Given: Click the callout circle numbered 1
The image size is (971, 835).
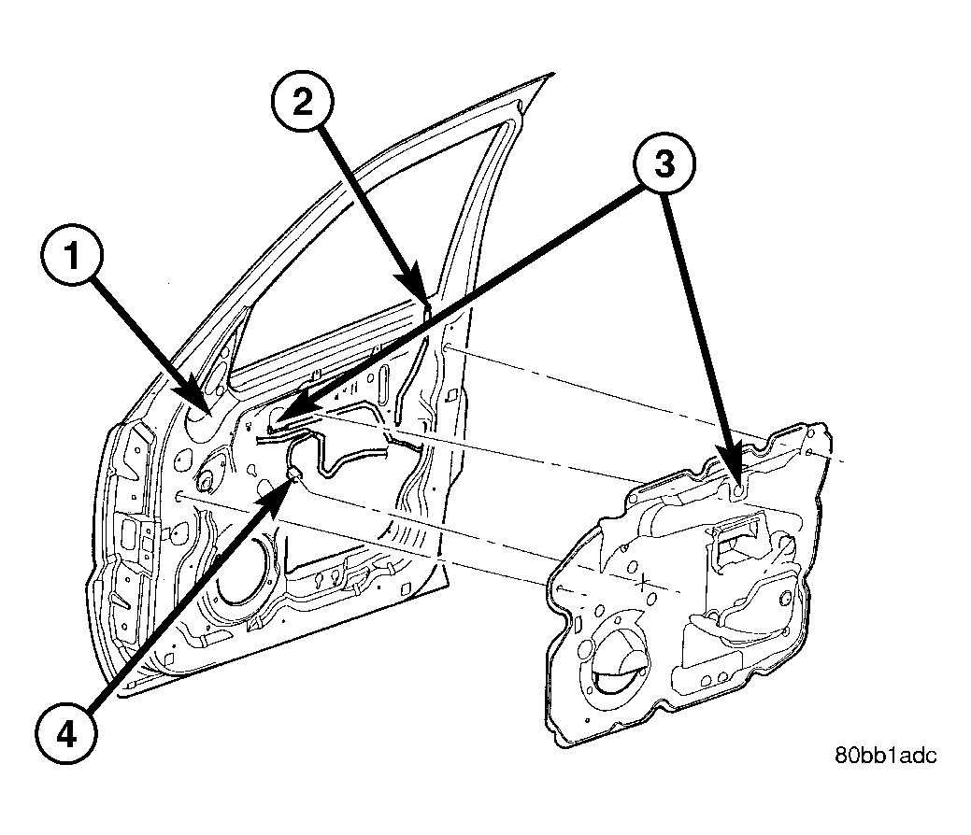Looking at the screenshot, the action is click(72, 255).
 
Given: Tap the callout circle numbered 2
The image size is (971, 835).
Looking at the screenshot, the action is click(303, 101).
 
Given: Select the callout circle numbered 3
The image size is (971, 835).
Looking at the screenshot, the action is click(664, 164).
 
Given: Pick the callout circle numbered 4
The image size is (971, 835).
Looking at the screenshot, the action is click(65, 735).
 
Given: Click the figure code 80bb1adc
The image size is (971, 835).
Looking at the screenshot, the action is click(886, 756).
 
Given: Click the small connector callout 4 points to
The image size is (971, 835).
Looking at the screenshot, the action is click(294, 474).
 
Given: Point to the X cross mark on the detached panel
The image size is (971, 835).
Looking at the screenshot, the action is click(643, 582).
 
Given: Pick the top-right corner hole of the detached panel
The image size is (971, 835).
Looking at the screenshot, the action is click(808, 451).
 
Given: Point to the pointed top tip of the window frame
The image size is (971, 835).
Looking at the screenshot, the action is click(550, 75).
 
